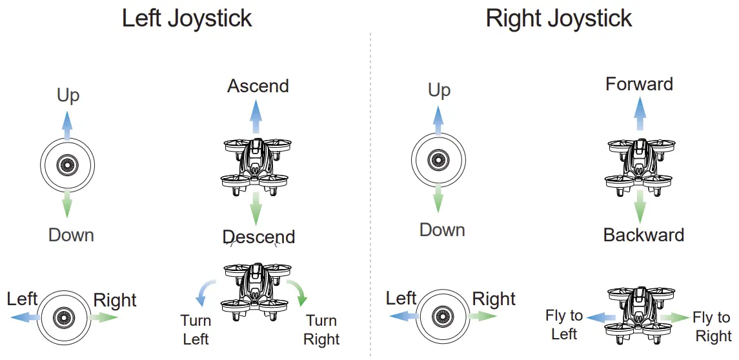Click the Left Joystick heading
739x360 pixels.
coord(187,18)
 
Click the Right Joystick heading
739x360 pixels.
coord(559,18)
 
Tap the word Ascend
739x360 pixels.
coord(258,86)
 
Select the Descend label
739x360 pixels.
coord(258,237)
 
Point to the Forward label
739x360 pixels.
coord(639,84)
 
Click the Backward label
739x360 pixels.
coord(643,234)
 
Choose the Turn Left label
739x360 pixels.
coord(196,329)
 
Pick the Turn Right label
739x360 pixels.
coord(321,329)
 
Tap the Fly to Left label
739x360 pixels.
coord(564,325)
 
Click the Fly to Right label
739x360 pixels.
coord(713,326)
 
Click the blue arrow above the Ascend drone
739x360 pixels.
coord(256,117)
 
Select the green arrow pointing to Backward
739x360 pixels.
coord(640,205)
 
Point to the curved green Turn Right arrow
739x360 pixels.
coord(298,293)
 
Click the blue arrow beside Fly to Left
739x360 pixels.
coord(599,317)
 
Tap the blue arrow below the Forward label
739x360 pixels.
coord(640,115)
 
